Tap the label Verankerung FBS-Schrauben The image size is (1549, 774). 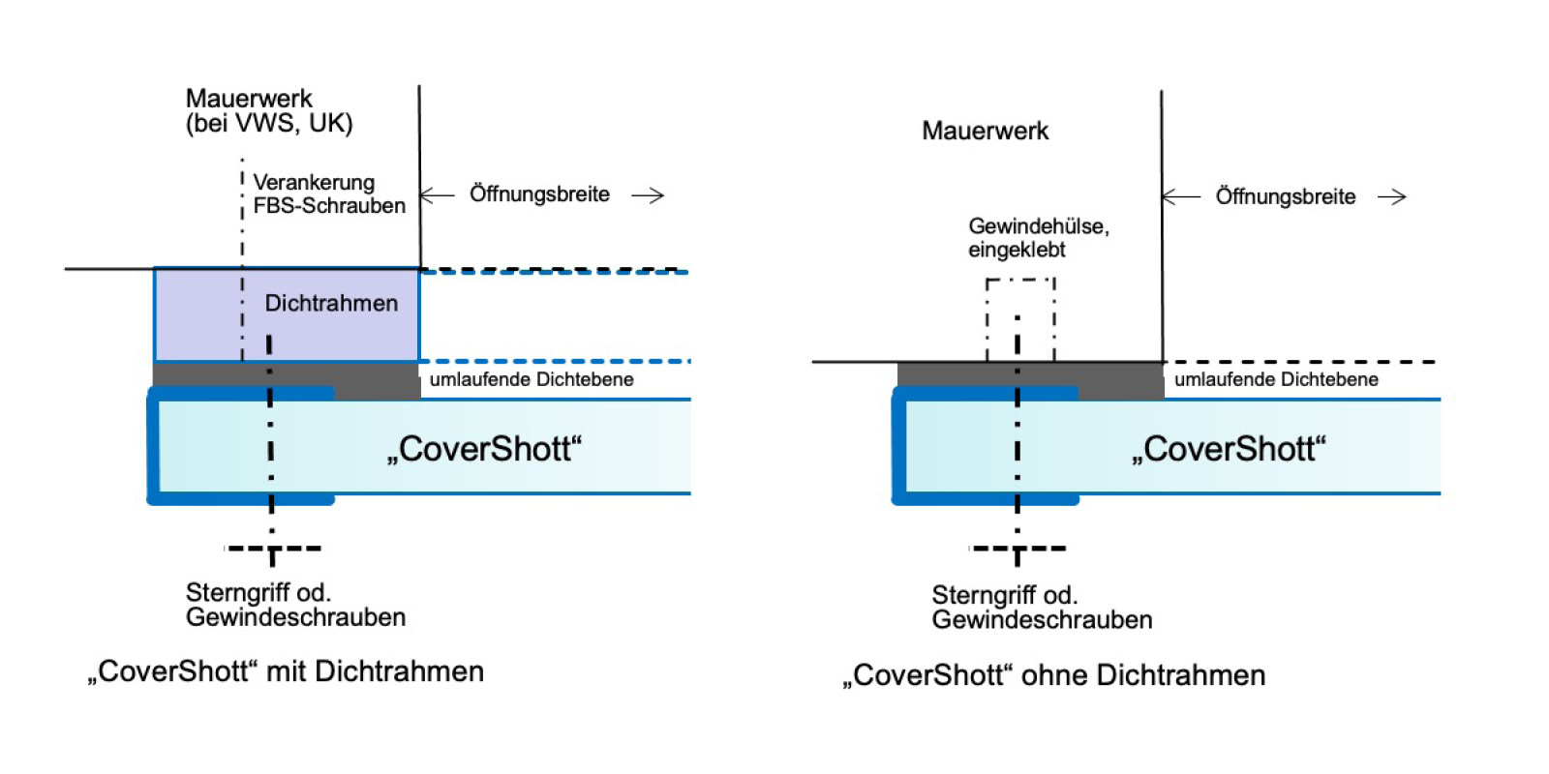328,193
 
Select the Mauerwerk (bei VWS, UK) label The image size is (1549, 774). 268,111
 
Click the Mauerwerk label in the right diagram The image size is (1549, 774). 985,131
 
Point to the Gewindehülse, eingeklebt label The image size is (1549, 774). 1038,238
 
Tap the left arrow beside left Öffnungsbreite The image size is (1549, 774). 437,194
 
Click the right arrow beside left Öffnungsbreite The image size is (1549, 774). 648,195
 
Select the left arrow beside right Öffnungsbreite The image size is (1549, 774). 1181,197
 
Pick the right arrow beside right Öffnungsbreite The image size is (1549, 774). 1391,197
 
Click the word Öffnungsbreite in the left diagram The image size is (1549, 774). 539,194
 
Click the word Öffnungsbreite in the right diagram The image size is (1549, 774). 1285,197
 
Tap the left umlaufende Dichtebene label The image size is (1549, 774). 532,379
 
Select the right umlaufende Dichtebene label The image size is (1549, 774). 1276,379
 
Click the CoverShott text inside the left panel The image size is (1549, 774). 484,449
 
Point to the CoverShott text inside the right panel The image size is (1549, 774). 1229,449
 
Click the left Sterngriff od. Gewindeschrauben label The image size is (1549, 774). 295,605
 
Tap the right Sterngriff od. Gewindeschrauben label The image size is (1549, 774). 1042,608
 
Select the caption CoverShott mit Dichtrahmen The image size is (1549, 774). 286,671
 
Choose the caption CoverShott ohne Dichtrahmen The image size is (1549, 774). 1053,675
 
